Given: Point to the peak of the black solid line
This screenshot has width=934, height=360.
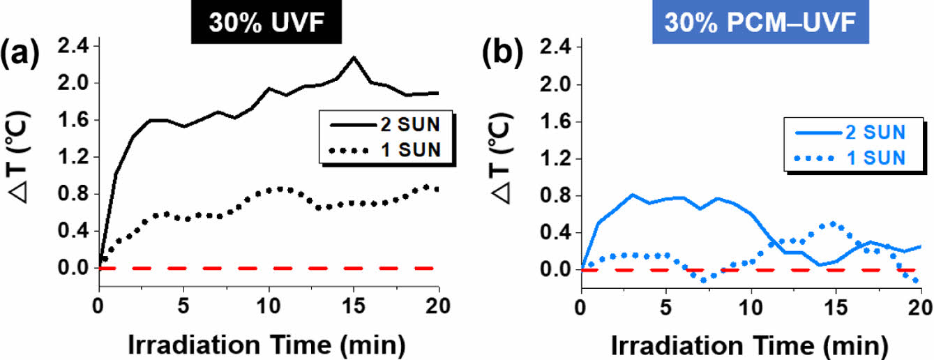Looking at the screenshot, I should pyautogui.click(x=354, y=57).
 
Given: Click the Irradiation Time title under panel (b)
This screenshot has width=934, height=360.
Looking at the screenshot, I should pyautogui.click(x=751, y=345).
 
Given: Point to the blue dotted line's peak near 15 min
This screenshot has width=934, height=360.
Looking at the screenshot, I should pyautogui.click(x=834, y=224).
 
